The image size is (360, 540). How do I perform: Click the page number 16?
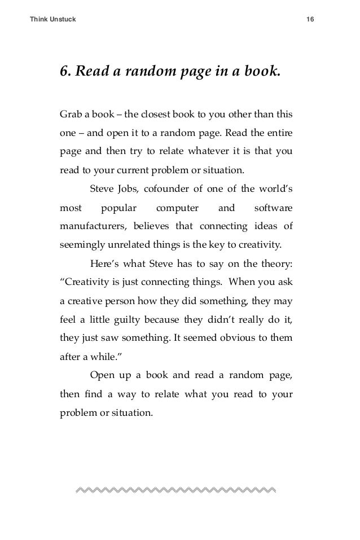pyautogui.click(x=310, y=20)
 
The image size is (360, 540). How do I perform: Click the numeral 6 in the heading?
pyautogui.click(x=64, y=73)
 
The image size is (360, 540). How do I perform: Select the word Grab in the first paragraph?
pyautogui.click(x=70, y=114)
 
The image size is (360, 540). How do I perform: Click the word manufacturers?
pyautogui.click(x=94, y=227)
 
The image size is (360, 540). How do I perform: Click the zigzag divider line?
pyautogui.click(x=175, y=488)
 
